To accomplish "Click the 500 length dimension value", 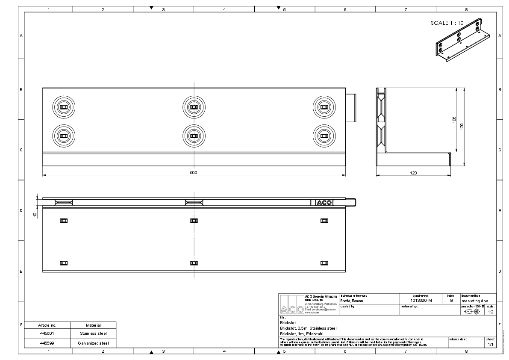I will (x=193, y=173).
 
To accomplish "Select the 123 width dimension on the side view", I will (x=413, y=173).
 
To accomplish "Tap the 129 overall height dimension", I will (x=462, y=126).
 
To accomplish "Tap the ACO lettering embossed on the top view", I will (x=324, y=203).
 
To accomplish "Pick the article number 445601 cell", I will (x=47, y=333).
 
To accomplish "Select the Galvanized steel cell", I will (x=93, y=343).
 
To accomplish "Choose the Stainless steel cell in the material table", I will (x=93, y=333).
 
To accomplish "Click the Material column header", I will (x=93, y=325).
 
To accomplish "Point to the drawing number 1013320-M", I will (x=421, y=301).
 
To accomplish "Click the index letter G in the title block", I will (x=451, y=301).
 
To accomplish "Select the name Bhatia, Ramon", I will (x=352, y=301).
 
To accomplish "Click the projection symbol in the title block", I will (x=472, y=312).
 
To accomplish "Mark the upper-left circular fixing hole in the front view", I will (x=64, y=106).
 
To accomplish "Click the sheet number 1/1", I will (x=490, y=344).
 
